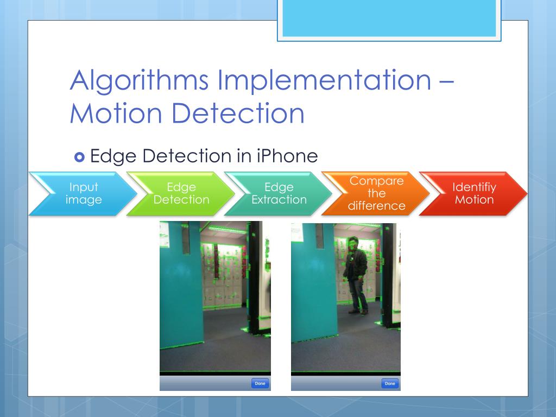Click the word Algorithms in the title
(139, 81)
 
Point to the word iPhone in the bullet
(286, 156)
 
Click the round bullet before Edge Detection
(79, 157)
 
